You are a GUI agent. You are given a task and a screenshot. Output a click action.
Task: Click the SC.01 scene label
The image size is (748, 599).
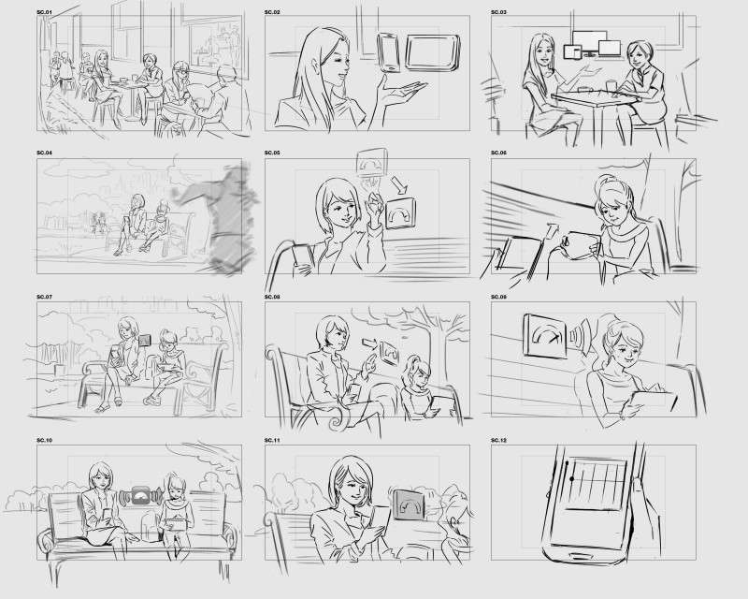coord(44,11)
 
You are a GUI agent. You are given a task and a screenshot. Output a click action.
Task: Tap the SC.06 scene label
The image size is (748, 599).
coord(498,153)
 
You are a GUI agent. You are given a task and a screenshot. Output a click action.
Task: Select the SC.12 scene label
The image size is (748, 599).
coord(498,440)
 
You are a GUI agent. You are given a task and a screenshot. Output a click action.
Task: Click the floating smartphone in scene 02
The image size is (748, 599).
coord(388,52)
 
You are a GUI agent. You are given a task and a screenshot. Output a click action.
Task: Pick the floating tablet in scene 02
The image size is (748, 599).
coord(433,52)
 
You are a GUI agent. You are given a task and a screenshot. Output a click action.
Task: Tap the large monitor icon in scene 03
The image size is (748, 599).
coord(590,41)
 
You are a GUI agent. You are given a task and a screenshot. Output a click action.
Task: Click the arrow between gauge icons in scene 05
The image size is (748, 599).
coord(396,183)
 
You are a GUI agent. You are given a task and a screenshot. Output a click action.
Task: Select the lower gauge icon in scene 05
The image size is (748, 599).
coord(400,213)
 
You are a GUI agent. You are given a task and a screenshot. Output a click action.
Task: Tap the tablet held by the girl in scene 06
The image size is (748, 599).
coord(582,245)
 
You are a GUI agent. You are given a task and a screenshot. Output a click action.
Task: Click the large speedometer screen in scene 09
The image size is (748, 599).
coord(545,335)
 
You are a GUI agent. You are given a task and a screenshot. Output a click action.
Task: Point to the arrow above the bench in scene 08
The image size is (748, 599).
coord(369,343)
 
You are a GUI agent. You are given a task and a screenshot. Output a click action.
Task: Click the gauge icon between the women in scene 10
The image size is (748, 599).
coord(140,498)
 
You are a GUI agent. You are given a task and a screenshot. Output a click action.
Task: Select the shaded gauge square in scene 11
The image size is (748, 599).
coord(410,505)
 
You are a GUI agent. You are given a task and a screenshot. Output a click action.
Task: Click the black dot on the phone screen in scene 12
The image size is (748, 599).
coord(571,478)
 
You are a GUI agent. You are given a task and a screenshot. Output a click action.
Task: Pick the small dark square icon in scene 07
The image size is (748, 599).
coord(145,340)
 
